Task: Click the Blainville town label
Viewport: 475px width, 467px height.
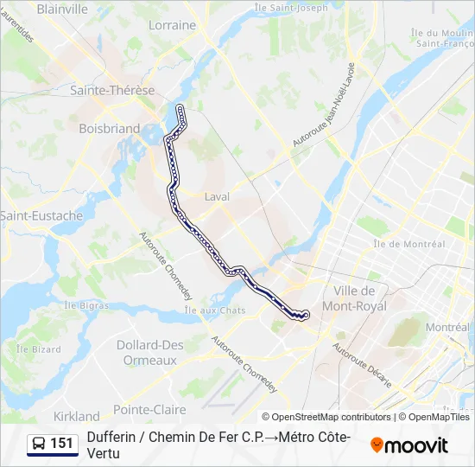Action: [x=64, y=9]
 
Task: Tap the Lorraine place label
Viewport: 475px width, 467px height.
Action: [x=173, y=25]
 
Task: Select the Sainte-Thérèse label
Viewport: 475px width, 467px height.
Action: [x=112, y=90]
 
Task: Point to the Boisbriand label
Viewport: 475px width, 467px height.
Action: [x=109, y=128]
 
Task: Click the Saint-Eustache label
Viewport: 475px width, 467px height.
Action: [x=41, y=215]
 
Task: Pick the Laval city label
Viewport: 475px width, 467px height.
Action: [x=217, y=196]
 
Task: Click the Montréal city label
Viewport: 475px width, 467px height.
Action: [x=447, y=328]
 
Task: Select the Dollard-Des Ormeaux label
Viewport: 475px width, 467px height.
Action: [x=151, y=352]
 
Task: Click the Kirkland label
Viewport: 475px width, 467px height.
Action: [x=77, y=416]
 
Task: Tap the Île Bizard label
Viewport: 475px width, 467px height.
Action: [x=39, y=349]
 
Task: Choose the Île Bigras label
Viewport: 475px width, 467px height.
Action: [x=85, y=305]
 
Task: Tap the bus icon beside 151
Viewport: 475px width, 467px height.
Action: [x=40, y=444]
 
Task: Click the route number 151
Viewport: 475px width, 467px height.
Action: [x=62, y=444]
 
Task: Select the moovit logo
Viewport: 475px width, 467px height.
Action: [x=409, y=445]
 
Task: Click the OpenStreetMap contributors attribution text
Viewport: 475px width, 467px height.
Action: [x=332, y=417]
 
